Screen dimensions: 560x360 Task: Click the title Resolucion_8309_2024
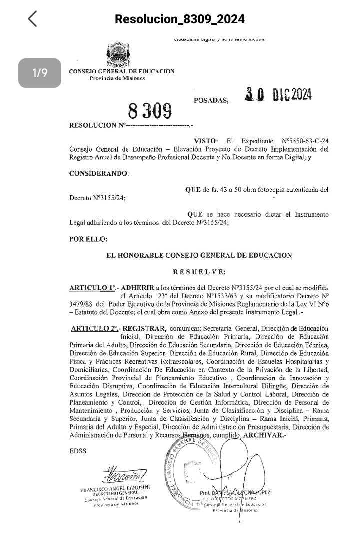(x=180, y=19)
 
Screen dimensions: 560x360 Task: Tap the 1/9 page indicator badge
(x=40, y=73)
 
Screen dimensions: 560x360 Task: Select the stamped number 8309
(x=150, y=110)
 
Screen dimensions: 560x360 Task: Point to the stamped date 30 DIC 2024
(x=278, y=94)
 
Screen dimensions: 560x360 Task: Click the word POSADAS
(x=211, y=100)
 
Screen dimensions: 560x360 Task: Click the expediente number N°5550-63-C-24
(x=305, y=141)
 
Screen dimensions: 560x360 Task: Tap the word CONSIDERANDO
(x=99, y=173)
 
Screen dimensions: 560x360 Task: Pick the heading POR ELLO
(x=88, y=239)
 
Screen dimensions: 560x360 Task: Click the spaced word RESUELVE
(x=199, y=272)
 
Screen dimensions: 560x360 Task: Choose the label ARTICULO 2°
(x=96, y=328)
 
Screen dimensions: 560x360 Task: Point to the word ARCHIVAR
(x=265, y=435)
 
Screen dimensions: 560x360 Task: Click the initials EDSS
(x=78, y=451)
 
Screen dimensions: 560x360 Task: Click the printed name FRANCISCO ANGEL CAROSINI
(x=115, y=487)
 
